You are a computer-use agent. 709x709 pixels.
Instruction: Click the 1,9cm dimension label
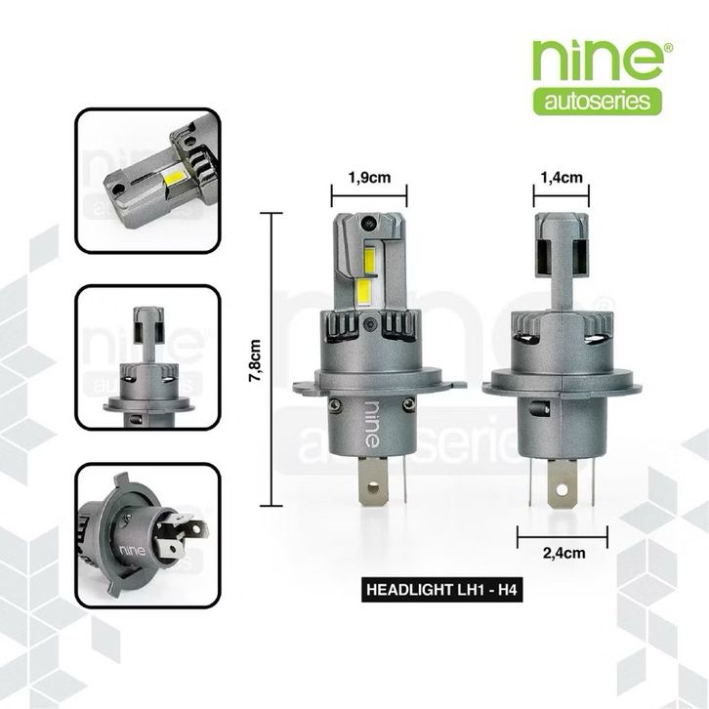coord(369,178)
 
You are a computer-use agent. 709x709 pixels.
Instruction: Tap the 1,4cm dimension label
coord(562,178)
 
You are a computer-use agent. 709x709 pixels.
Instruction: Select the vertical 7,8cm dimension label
coord(255,360)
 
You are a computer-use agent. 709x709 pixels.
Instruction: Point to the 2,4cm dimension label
coord(563,553)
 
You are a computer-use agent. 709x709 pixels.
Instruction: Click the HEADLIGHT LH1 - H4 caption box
coord(442,590)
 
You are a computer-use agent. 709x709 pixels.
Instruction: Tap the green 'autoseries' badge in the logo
coord(598,102)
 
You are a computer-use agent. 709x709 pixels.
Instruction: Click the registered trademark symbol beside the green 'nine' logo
coord(668,47)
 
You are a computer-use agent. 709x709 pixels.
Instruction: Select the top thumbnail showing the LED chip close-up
coord(147,181)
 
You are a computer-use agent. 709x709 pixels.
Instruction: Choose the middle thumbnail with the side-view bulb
coord(147,357)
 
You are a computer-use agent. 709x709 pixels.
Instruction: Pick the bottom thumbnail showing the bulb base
coord(147,535)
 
